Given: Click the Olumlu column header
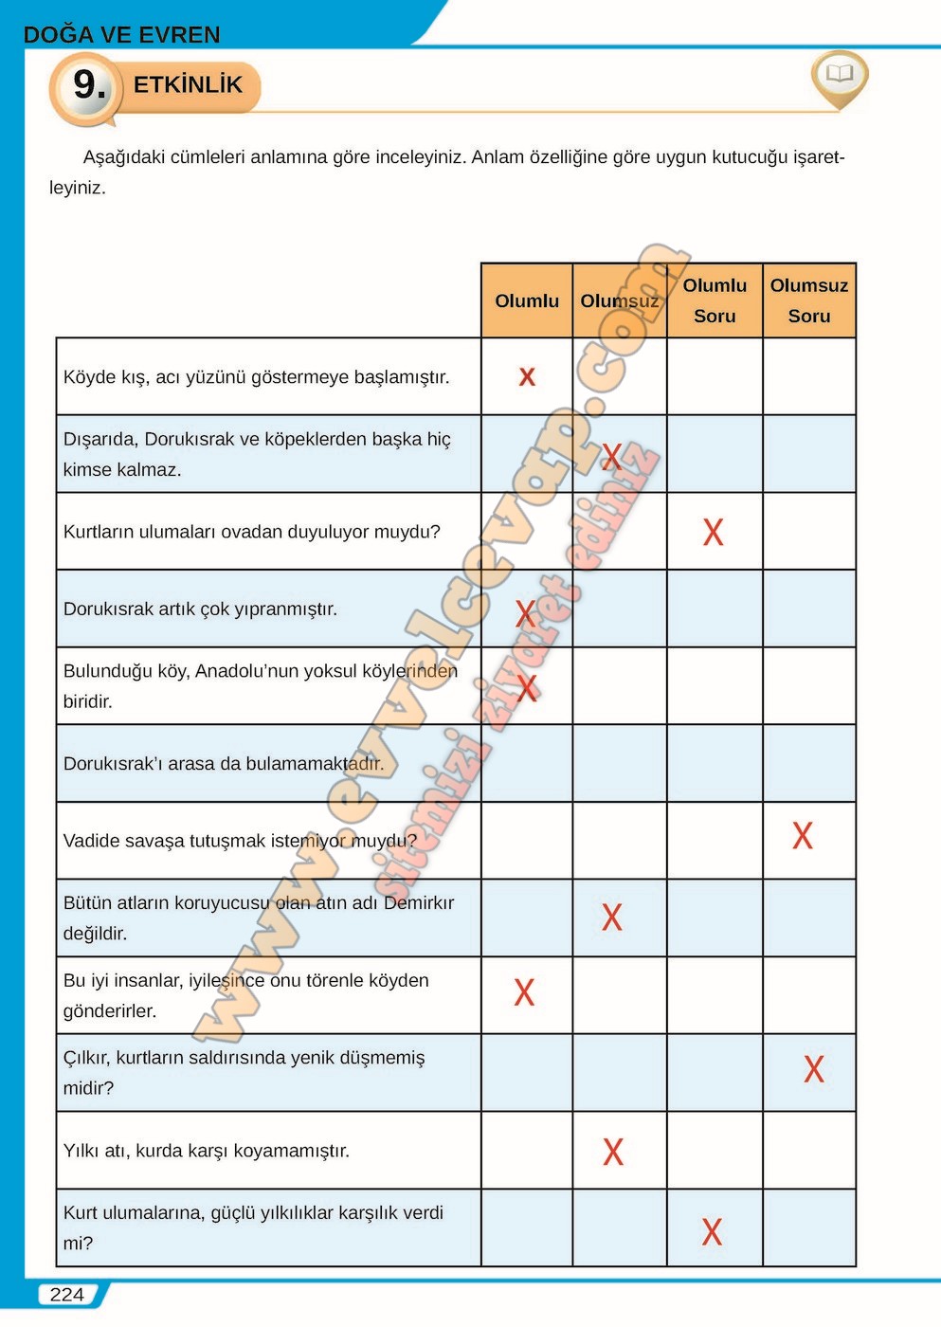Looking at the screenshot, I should [x=527, y=300].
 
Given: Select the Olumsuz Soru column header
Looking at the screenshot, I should [x=808, y=300].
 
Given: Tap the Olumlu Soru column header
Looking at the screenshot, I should [x=715, y=300].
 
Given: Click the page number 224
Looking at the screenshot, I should [x=67, y=1295].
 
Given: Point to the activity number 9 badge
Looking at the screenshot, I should [x=88, y=85].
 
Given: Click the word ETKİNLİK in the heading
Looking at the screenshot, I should [x=188, y=85].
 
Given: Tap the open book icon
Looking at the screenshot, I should [x=840, y=74].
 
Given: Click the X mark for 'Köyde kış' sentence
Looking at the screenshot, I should [x=527, y=377].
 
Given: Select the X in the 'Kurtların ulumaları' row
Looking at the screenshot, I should [x=713, y=532].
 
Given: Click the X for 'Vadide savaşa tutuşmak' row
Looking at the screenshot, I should [x=803, y=835].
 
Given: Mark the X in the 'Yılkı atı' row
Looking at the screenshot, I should [x=613, y=1152].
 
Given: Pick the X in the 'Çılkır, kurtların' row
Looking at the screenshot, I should [x=813, y=1069].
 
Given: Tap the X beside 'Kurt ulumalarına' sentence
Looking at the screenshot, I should [x=712, y=1231].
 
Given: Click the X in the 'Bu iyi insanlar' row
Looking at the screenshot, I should [x=524, y=992].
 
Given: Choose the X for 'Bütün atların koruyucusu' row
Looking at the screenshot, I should [x=612, y=917].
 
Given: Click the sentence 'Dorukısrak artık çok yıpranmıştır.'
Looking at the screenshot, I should [x=200, y=609].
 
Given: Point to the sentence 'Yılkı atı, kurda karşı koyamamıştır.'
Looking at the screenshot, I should [x=207, y=1151].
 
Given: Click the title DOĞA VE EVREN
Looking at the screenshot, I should [x=121, y=35].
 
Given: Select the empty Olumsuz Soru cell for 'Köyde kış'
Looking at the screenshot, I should [x=808, y=376].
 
